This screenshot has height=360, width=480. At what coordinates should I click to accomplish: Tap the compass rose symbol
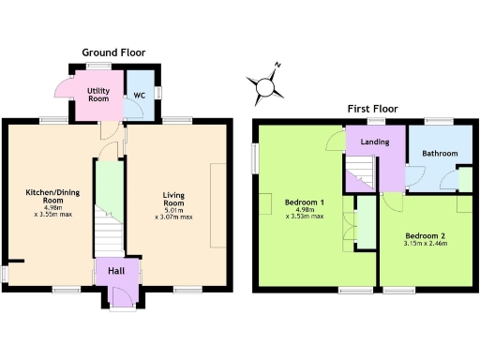[x=267, y=86]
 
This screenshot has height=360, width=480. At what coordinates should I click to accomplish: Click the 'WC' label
[x=139, y=95]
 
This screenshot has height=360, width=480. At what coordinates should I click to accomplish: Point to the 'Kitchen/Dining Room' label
[x=45, y=198]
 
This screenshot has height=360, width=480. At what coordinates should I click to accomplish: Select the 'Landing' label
[x=375, y=142]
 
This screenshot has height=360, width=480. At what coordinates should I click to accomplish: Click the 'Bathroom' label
[x=438, y=153]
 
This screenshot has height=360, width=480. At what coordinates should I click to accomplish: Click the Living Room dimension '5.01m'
[x=173, y=211]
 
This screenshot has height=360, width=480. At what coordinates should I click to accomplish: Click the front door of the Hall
[x=119, y=298]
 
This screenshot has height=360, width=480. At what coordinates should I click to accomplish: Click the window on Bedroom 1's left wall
[x=254, y=157]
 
